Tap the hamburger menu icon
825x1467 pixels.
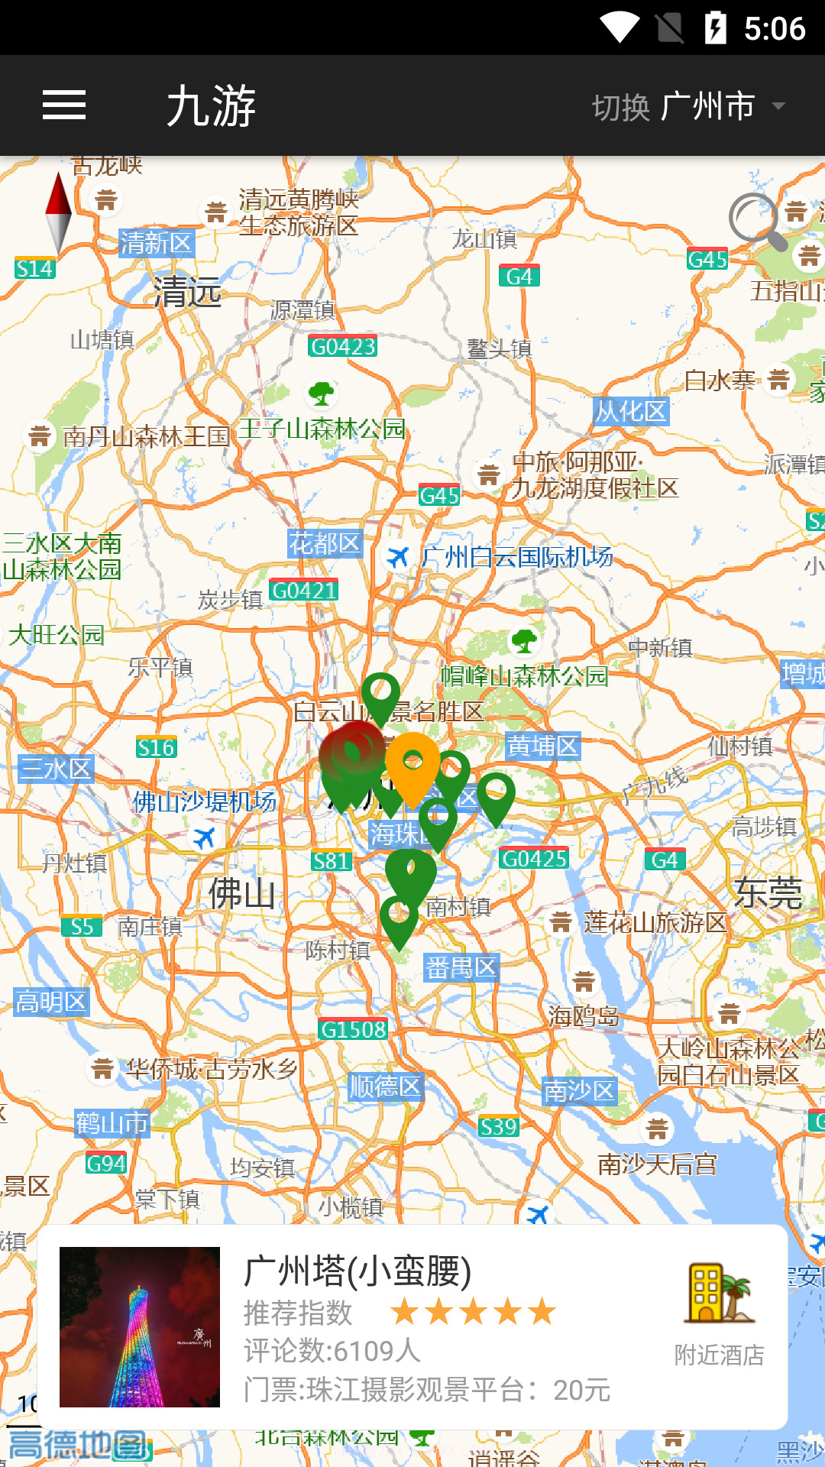64,105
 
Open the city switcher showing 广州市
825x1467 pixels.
687,106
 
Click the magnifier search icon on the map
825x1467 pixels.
756,222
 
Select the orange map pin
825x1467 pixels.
412,764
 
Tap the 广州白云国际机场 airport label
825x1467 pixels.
516,557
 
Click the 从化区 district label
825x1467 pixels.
631,411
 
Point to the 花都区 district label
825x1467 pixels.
325,543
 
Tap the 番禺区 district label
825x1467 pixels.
461,968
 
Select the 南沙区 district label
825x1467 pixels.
579,1090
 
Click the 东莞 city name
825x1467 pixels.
768,892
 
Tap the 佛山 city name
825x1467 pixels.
242,892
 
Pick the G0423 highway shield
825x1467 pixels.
343,346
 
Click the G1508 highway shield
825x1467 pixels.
353,1029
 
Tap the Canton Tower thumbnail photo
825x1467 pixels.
140,1327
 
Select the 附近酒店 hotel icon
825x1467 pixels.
719,1294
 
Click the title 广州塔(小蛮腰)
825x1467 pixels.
357,1271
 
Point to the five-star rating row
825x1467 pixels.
473,1312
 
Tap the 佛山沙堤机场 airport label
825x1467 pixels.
205,802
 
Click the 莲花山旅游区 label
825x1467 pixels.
654,922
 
